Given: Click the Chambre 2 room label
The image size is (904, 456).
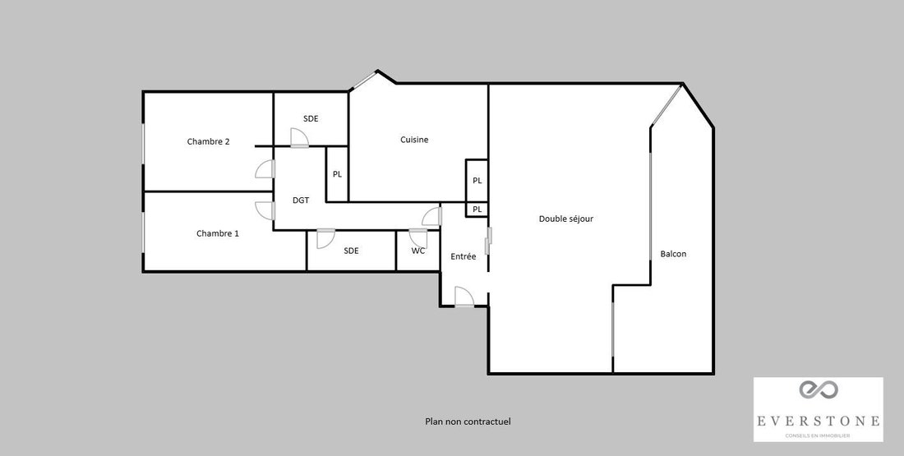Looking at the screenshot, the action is tap(208, 141).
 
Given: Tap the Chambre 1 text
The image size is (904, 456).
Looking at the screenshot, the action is tap(217, 233).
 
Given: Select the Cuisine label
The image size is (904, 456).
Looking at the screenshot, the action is tap(414, 140).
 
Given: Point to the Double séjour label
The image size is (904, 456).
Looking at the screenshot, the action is tap(566, 219).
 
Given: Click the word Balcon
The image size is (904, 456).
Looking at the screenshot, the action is tap(673, 254).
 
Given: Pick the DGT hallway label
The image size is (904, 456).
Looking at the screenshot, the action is tap(301, 200).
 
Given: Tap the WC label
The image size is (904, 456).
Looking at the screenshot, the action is tap(418, 251).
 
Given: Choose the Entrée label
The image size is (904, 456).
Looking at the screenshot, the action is tap(464, 256).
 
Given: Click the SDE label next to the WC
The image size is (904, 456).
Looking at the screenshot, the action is tap(351, 251).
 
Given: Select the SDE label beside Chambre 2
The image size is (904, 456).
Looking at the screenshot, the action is tap(311, 119).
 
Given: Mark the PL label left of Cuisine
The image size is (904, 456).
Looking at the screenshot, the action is tap(337, 174).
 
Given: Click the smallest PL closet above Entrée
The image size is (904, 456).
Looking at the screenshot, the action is tap(477, 210).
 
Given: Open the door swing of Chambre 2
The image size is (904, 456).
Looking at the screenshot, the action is tap(265, 169).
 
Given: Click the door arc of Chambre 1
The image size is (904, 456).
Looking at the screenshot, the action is tap(265, 210).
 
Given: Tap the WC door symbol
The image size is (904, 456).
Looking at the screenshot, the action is tap(418, 238).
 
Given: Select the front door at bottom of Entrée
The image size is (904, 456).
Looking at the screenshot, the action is tap(464, 297).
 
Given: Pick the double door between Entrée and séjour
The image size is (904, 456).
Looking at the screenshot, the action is tap(489, 241).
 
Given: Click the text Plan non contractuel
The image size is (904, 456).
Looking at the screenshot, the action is tap(468, 421).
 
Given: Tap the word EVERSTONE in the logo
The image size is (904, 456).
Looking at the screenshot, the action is tap(818, 421).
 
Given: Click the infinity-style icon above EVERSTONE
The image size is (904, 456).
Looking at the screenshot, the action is tap(818, 389).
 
